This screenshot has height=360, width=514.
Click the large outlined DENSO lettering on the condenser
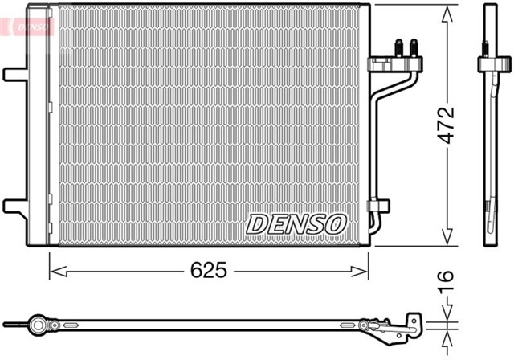(295, 223)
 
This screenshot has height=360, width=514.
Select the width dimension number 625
(210, 271)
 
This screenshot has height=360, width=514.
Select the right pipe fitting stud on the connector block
(414, 46)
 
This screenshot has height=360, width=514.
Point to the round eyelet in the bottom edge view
(37, 325)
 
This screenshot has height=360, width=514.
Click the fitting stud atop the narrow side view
(489, 44)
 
